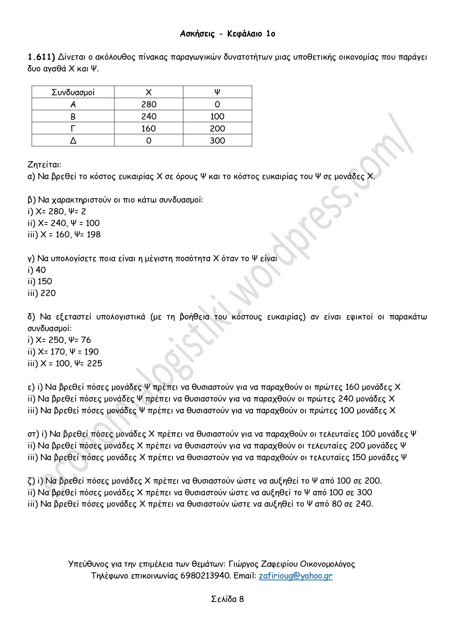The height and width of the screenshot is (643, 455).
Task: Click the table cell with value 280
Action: click(x=148, y=104)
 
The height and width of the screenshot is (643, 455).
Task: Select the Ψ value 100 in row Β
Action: click(x=217, y=117)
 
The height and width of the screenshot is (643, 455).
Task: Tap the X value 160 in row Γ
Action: click(x=148, y=129)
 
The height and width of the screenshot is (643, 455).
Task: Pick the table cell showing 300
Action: click(x=217, y=141)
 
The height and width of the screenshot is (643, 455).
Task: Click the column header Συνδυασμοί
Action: click(x=73, y=92)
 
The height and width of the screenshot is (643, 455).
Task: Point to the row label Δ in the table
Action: click(x=73, y=141)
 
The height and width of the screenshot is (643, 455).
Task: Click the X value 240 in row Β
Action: click(x=148, y=117)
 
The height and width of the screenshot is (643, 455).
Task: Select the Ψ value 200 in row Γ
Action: click(x=217, y=129)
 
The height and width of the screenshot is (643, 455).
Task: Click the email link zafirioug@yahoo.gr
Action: click(x=295, y=576)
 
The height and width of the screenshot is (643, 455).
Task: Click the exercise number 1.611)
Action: click(x=41, y=57)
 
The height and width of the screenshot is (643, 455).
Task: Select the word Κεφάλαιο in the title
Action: click(x=245, y=34)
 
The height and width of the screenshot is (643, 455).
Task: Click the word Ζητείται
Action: click(x=44, y=165)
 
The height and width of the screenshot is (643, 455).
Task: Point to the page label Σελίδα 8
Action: click(x=227, y=599)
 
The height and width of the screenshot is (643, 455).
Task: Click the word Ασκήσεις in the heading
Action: click(x=197, y=34)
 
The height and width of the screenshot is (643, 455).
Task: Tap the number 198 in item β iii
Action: click(x=93, y=234)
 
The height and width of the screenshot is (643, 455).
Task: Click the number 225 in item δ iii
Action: click(x=95, y=363)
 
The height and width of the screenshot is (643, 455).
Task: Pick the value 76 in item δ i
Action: click(x=86, y=340)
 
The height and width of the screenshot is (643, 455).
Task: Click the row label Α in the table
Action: click(x=73, y=104)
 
